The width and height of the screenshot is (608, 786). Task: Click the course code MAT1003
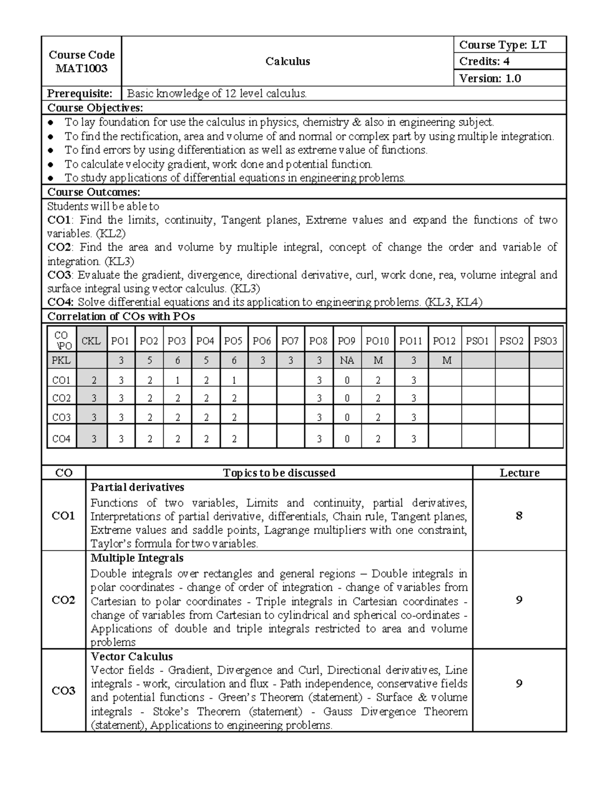(82, 68)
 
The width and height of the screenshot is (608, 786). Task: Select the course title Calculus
(287, 61)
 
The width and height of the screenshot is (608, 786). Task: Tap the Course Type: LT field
(503, 45)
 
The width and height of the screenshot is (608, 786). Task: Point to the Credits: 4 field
(484, 61)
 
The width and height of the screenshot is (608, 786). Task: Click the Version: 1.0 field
(489, 78)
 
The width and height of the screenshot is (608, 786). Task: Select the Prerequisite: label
(80, 93)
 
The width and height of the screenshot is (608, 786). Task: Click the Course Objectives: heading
(95, 107)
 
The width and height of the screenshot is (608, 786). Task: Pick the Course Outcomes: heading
(94, 192)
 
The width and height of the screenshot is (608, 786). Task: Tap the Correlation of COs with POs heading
(121, 316)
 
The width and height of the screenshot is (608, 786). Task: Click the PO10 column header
(377, 341)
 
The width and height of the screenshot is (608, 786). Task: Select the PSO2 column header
(511, 341)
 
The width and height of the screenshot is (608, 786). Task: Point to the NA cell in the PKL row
(347, 360)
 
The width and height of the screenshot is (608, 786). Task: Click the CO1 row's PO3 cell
(177, 380)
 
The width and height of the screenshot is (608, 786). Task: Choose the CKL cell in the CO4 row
(94, 439)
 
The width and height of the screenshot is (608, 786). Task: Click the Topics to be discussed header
(279, 473)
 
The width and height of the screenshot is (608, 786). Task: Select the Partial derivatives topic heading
(137, 487)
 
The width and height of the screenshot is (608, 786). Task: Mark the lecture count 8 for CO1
(519, 516)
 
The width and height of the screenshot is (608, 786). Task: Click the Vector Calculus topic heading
(132, 656)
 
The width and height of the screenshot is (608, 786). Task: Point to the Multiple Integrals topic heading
(137, 558)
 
